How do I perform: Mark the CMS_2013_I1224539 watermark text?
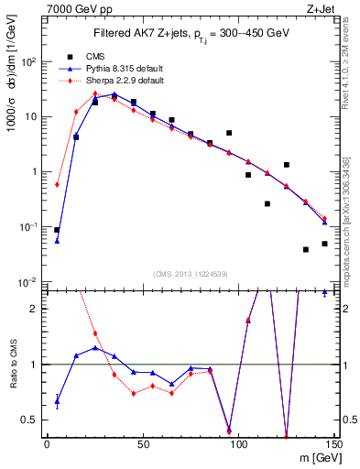click(191, 274)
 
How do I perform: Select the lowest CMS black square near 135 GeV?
click(306, 249)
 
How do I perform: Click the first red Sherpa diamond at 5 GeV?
click(57, 184)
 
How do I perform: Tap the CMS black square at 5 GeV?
click(57, 230)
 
